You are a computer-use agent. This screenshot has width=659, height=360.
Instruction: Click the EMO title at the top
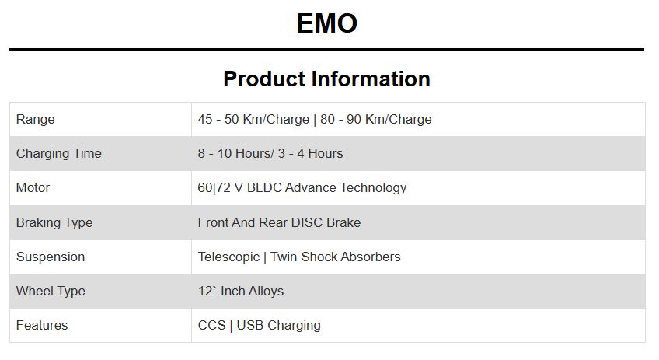tap(327, 23)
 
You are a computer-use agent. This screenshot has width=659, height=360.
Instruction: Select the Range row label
tap(35, 120)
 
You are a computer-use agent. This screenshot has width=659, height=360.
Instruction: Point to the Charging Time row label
tap(59, 153)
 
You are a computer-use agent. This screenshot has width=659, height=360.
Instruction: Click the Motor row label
tap(33, 187)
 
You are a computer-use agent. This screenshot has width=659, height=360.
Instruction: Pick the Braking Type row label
tap(54, 222)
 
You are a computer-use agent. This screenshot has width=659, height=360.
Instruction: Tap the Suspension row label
tap(51, 257)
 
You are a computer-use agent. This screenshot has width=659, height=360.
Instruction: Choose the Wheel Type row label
tap(51, 291)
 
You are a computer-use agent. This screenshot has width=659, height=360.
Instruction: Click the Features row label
tap(42, 325)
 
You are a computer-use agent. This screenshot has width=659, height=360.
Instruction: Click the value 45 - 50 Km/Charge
tap(253, 120)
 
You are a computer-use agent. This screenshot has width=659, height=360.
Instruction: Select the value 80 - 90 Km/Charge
tap(375, 120)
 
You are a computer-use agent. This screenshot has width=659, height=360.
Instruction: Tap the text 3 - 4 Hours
tap(310, 153)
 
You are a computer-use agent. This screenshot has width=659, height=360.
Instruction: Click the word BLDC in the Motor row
tap(264, 187)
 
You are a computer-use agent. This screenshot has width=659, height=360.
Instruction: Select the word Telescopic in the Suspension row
tap(228, 257)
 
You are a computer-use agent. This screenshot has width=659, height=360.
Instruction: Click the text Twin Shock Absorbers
tap(336, 257)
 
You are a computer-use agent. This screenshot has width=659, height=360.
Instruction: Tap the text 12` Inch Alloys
tap(241, 291)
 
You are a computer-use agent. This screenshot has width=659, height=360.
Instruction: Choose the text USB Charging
tap(279, 325)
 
